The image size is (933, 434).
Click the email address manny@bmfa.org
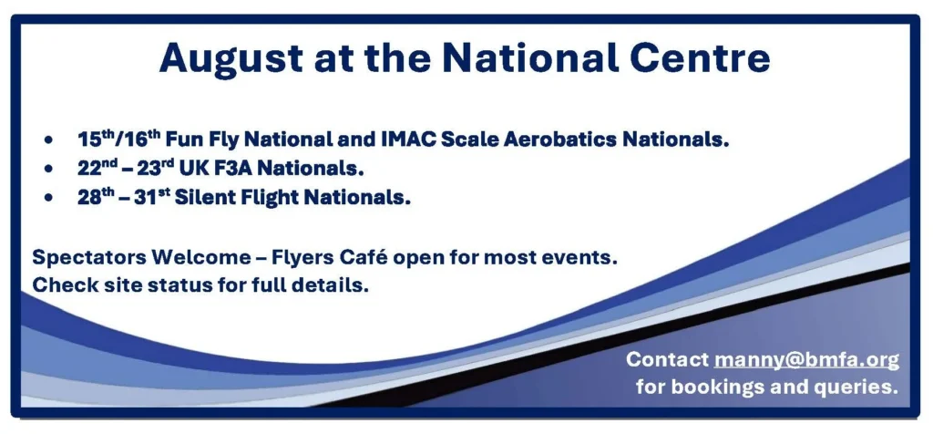pos(806,360)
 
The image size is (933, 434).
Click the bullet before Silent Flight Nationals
pos(47,198)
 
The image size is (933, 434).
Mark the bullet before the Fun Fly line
pos(47,140)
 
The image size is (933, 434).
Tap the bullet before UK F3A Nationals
pos(47,170)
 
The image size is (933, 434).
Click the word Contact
pos(667,359)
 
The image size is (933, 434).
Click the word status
pos(180,284)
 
